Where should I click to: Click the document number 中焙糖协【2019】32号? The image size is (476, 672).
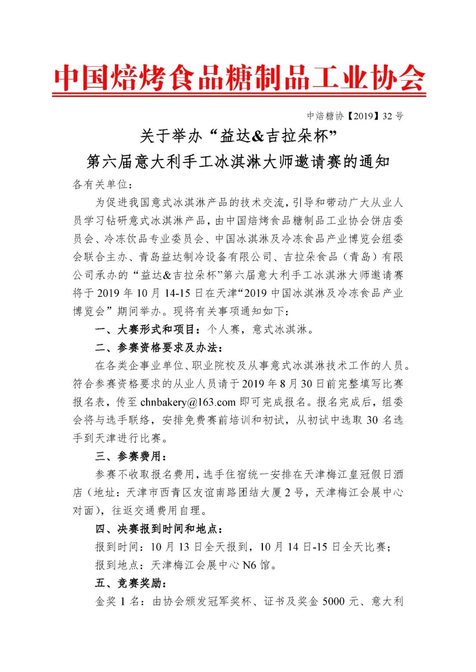355,116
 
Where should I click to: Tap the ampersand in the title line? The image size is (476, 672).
258,136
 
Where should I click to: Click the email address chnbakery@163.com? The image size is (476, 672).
188,402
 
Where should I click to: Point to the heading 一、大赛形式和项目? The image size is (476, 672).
145,329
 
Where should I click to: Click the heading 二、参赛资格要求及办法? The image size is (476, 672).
156,347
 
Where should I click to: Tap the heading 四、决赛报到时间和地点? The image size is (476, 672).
159,529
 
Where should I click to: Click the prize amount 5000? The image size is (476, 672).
333,602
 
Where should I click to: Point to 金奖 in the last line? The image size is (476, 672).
106,602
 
